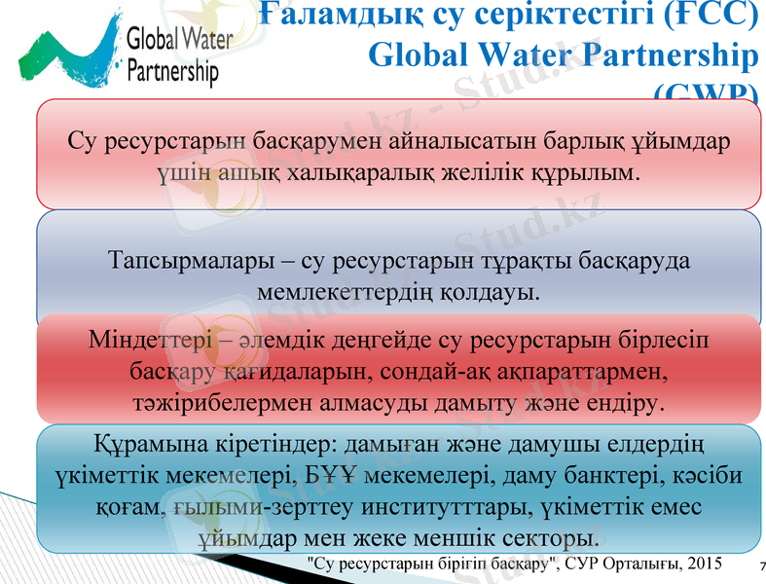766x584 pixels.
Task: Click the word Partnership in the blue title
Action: pos(663,55)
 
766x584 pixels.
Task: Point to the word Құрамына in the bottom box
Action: pos(137,448)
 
